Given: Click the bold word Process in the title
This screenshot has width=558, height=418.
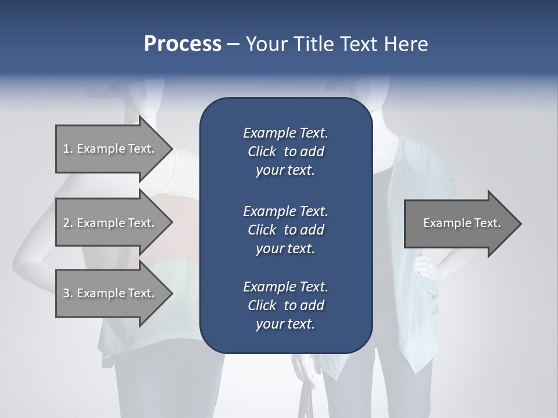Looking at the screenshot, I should click(x=183, y=44).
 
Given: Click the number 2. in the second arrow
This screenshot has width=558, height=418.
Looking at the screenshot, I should click(x=68, y=223).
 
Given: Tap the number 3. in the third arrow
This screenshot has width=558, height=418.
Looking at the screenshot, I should click(x=68, y=293).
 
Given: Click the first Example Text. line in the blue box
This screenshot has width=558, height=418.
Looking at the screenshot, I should click(x=285, y=133).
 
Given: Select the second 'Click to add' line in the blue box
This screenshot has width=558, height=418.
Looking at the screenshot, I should click(x=285, y=230).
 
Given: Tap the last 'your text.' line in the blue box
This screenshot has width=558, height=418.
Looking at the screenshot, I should click(x=285, y=325).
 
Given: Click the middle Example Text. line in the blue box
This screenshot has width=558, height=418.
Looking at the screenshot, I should click(x=285, y=211).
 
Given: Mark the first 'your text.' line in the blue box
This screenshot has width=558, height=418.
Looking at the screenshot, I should click(x=285, y=171).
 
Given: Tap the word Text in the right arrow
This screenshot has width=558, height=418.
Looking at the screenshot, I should click(x=488, y=223).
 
